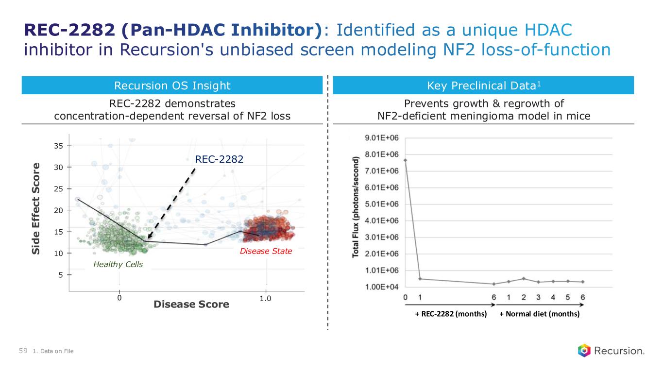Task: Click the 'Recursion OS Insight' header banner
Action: pyautogui.click(x=172, y=86)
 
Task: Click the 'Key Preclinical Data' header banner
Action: pyautogui.click(x=483, y=86)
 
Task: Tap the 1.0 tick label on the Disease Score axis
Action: pyautogui.click(x=265, y=298)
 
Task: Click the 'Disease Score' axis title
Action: pyautogui.click(x=191, y=305)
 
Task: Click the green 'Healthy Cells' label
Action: pyautogui.click(x=118, y=264)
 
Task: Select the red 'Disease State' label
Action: pyautogui.click(x=266, y=251)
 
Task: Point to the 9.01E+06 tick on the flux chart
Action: pyautogui.click(x=382, y=138)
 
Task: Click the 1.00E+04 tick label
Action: pyautogui.click(x=382, y=287)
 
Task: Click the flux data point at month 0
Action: pyautogui.click(x=406, y=160)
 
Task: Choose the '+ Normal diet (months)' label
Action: pyautogui.click(x=540, y=314)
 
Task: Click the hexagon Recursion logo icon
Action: pyautogui.click(x=584, y=350)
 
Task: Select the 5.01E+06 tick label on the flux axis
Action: pyautogui.click(x=382, y=204)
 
